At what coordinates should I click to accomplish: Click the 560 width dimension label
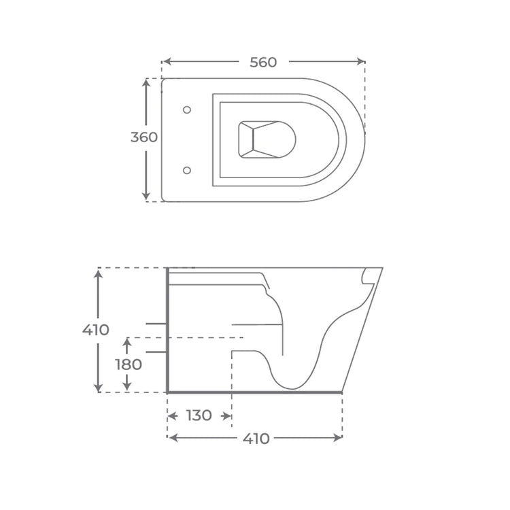[263, 63]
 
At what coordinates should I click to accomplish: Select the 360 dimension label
[143, 137]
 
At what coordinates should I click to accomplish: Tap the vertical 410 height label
[95, 330]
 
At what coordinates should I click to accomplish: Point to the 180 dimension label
[128, 364]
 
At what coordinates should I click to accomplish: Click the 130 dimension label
[199, 415]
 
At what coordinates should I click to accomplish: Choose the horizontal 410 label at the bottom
[256, 439]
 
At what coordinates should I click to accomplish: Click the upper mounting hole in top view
[188, 109]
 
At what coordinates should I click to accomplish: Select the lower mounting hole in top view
[188, 169]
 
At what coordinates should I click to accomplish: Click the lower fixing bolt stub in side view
[156, 352]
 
